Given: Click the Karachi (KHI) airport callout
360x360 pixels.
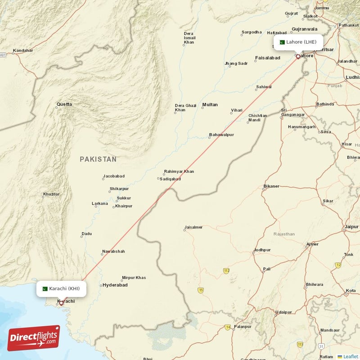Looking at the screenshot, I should [x=61, y=288].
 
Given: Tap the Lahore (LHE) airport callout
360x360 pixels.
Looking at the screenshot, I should [x=297, y=42].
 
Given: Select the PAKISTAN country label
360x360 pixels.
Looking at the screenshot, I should [x=98, y=159].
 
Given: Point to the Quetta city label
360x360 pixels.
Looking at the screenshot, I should [x=64, y=105].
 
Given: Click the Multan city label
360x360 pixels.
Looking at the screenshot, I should [x=210, y=105].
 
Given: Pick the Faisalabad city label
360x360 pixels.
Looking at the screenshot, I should [x=268, y=58].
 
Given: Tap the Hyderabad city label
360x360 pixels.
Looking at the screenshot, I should [x=115, y=285].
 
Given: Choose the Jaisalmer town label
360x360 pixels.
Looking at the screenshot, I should [x=194, y=227].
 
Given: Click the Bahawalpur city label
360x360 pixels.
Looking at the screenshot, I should [x=221, y=135].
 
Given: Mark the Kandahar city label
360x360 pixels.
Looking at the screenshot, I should [x=22, y=50].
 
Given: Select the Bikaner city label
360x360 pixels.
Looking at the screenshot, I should [x=271, y=186].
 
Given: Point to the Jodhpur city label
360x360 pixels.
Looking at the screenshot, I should [x=262, y=250].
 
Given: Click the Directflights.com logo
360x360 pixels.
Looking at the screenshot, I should [x=34, y=338].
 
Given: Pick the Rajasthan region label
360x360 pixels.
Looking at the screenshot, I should [x=284, y=234].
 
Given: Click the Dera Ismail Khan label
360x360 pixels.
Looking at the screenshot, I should [x=189, y=38].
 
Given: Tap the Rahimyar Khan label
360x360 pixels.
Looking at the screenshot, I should [x=179, y=171].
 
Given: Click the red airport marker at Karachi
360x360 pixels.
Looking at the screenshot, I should [x=61, y=303].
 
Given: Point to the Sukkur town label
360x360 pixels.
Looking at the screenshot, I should [x=124, y=198].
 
